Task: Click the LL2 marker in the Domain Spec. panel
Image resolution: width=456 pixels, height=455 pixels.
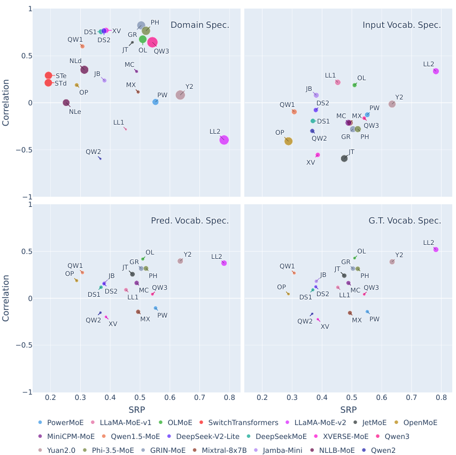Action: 224,140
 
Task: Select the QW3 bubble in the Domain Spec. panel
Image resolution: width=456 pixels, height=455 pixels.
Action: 152,42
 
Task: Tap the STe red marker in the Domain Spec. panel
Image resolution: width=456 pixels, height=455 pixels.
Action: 49,76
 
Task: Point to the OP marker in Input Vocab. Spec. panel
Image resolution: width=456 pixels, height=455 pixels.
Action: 289,141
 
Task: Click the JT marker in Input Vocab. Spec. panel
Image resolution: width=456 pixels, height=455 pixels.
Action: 344,158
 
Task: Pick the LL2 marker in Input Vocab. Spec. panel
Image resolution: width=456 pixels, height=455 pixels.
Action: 436,71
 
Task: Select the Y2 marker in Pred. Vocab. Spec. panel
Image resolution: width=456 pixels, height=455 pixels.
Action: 180,261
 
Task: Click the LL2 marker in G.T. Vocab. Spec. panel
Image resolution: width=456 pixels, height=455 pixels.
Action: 436,249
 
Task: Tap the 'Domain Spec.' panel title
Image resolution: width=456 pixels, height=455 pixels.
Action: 199,25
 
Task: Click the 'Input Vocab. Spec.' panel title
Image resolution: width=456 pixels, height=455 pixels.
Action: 401,25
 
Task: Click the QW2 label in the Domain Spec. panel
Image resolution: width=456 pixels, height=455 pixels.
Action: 94,151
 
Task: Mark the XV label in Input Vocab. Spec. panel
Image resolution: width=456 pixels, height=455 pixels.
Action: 311,163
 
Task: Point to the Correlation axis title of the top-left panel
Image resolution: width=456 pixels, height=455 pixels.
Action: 6,103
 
